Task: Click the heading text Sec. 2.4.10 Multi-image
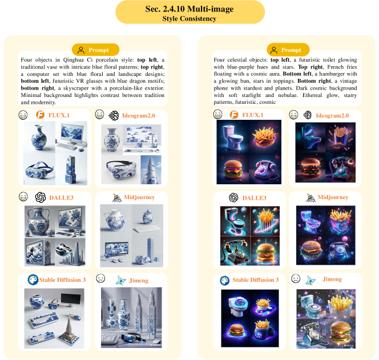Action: (189, 9)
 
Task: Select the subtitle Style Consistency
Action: (189, 19)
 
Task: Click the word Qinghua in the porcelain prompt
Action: (72, 60)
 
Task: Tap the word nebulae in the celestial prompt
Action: (288, 95)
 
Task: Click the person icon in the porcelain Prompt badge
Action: (81, 50)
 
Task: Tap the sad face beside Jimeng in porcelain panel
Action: (100, 278)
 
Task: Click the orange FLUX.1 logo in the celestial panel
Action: (233, 115)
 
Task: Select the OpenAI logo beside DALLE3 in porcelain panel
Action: (41, 197)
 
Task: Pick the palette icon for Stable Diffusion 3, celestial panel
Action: (224, 281)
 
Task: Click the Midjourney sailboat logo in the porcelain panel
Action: (117, 197)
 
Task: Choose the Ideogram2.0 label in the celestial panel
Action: (332, 115)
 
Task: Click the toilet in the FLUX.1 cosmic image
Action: (232, 137)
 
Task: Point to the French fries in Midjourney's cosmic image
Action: (341, 221)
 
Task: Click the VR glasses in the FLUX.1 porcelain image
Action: (39, 169)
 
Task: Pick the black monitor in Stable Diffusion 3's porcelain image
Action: (69, 300)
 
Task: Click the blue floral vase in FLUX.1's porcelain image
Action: (39, 137)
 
